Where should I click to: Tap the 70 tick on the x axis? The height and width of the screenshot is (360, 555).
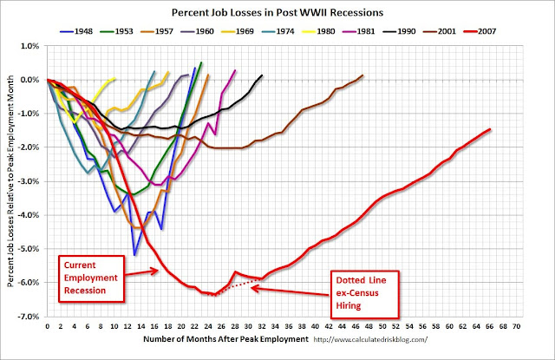[x=518, y=330]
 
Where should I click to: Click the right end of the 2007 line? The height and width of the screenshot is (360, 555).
[x=491, y=129]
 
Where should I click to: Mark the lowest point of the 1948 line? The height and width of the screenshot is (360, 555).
[x=134, y=254]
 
